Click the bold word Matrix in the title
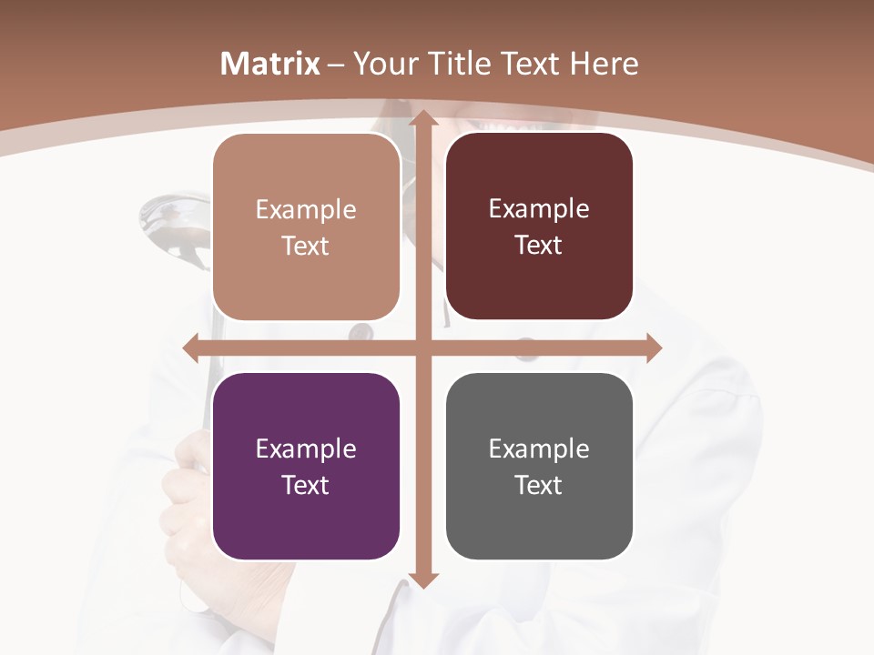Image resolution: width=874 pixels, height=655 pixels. tap(270, 64)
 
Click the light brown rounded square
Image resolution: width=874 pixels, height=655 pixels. tap(306, 227)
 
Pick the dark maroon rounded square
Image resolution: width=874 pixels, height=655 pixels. tap(539, 227)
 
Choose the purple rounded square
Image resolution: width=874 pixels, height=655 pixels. tap(306, 466)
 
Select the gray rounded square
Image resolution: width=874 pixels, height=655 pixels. tap(539, 466)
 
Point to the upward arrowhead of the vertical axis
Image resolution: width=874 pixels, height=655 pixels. tap(422, 120)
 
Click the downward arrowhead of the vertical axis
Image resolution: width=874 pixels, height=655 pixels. tap(422, 579)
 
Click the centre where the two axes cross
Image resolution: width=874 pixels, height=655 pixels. tap(422, 348)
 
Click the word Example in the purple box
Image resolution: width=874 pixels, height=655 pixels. tap(306, 448)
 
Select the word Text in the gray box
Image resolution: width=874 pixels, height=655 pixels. tap(539, 485)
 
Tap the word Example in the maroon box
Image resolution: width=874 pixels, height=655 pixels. tap(539, 209)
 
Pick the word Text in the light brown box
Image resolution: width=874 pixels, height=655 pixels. tap(306, 247)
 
